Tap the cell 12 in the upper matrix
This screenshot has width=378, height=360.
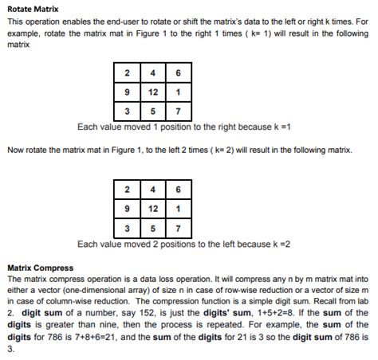(x=152, y=92)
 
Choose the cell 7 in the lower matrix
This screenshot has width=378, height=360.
(x=177, y=229)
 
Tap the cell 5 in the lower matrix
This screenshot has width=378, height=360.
(x=152, y=229)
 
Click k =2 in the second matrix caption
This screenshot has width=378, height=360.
(x=278, y=243)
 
